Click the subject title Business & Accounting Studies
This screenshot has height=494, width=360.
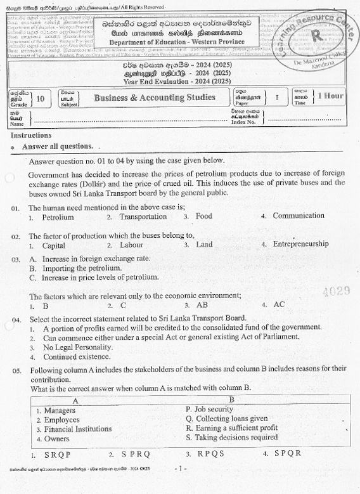pyautogui.click(x=154, y=98)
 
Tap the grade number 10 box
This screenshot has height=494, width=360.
pyautogui.click(x=41, y=98)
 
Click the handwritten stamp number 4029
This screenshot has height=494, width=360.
pyautogui.click(x=336, y=291)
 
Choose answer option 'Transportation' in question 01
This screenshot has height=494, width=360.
pyautogui.click(x=143, y=216)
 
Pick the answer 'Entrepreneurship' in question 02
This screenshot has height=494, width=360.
pyautogui.click(x=300, y=244)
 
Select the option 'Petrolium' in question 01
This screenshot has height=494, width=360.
pyautogui.click(x=58, y=217)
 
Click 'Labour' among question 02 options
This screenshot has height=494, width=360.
pyautogui.click(x=131, y=245)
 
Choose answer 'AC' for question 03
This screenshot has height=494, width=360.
pyautogui.click(x=279, y=304)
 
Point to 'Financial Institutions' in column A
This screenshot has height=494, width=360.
pyautogui.click(x=78, y=429)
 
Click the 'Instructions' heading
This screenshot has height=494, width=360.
pyautogui.click(x=31, y=135)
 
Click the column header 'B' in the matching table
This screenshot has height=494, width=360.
pyautogui.click(x=231, y=400)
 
